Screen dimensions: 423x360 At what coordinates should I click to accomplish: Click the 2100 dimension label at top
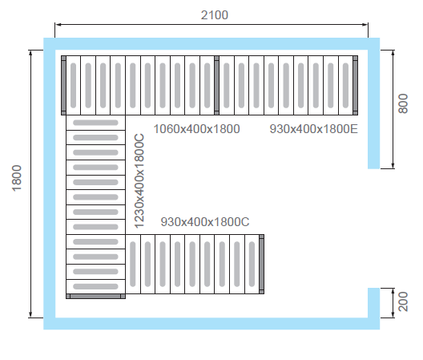tap(215, 15)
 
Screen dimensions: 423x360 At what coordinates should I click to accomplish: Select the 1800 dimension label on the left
tap(17, 178)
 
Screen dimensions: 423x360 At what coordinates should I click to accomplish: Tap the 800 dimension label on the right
tap(403, 103)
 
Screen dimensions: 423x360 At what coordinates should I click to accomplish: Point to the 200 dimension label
tap(403, 301)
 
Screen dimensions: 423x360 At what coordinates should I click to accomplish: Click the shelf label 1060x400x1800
tap(196, 129)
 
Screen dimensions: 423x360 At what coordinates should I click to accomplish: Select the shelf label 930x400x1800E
tap(313, 129)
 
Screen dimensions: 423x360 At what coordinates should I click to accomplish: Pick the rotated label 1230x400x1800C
tap(139, 181)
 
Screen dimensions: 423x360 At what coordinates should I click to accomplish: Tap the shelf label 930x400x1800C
tap(205, 222)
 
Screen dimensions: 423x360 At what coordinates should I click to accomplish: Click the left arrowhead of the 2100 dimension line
tap(58, 25)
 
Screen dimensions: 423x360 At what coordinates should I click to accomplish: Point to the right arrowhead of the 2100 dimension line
tap(365, 25)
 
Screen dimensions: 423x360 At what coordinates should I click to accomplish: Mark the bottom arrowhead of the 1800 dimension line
tap(30, 315)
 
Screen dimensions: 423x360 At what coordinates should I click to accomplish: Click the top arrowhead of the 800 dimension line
tap(393, 53)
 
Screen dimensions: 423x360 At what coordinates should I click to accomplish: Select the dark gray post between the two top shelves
tap(216, 85)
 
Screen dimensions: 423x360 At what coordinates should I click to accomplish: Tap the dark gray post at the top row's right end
tap(355, 85)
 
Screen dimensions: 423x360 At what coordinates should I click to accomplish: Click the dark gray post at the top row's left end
tap(63, 85)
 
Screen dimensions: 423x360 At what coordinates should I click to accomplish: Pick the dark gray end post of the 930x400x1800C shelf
tap(261, 264)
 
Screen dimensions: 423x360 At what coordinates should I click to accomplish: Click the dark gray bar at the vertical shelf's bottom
tap(95, 297)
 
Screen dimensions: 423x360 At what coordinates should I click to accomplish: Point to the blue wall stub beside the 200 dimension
tap(374, 303)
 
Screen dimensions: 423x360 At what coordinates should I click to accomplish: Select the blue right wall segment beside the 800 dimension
tap(374, 109)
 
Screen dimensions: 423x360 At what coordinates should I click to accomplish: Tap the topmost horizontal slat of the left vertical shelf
tap(95, 123)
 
